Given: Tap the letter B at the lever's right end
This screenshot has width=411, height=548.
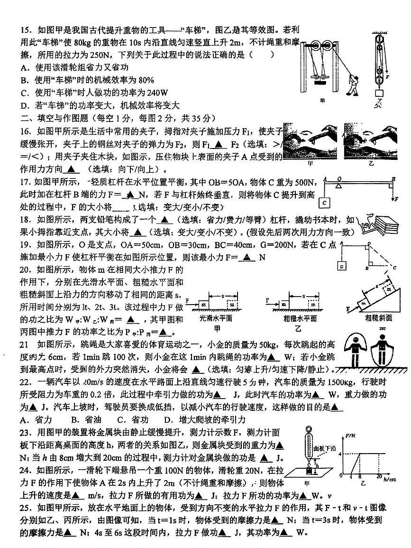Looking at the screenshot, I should pos(393,179).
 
